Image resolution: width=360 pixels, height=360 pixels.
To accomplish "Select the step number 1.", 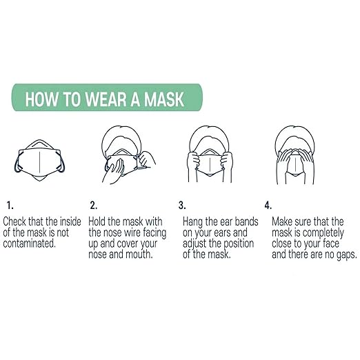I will click(9, 205).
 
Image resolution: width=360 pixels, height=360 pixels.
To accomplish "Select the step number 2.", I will click(93, 205).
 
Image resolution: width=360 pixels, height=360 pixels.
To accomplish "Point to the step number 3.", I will click(182, 205).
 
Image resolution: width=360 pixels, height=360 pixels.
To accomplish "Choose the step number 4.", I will click(268, 205).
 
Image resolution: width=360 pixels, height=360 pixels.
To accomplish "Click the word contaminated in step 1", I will click(30, 244).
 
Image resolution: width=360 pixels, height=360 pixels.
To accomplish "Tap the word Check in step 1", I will click(17, 221).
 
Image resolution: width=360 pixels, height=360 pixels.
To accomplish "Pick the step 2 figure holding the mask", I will click(126, 155).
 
